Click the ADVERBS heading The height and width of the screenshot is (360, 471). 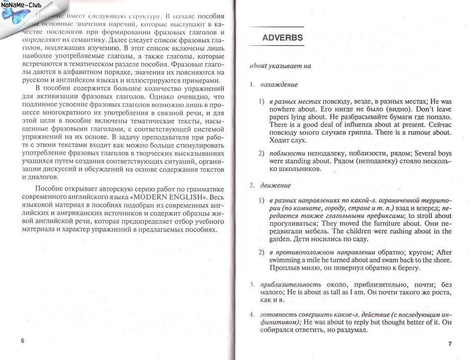point(282,37)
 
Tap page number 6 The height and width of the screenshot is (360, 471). point(22,341)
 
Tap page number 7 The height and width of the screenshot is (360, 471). point(450,343)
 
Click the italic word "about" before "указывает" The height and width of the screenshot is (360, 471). point(258,66)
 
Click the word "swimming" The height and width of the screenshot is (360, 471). point(286,260)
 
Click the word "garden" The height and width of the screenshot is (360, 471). point(281,239)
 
